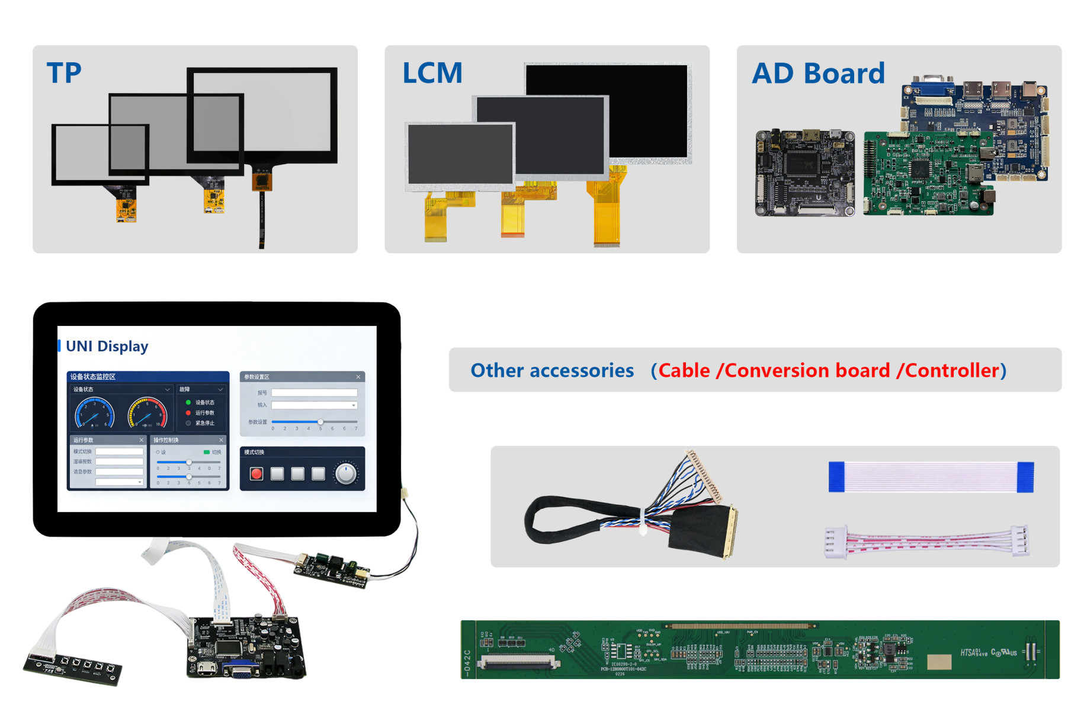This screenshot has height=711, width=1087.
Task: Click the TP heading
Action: point(64,73)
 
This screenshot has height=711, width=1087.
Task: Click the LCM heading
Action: point(432,73)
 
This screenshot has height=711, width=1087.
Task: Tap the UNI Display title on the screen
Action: point(107,346)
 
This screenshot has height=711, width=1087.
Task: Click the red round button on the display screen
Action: point(256,473)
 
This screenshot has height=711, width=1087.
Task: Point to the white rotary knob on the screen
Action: point(346,473)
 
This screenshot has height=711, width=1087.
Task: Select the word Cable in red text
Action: point(684,370)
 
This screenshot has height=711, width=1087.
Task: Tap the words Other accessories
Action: point(552,370)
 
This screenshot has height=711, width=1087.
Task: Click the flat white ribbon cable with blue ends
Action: point(931,477)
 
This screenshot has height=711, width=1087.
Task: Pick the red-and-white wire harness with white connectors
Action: point(927,541)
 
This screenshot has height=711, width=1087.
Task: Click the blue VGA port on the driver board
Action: point(241,670)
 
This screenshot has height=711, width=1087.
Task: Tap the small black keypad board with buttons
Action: point(73,668)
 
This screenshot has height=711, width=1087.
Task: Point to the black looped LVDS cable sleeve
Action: point(563,518)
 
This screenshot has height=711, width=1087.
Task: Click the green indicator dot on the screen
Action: point(188,402)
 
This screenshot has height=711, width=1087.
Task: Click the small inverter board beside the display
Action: point(332,569)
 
